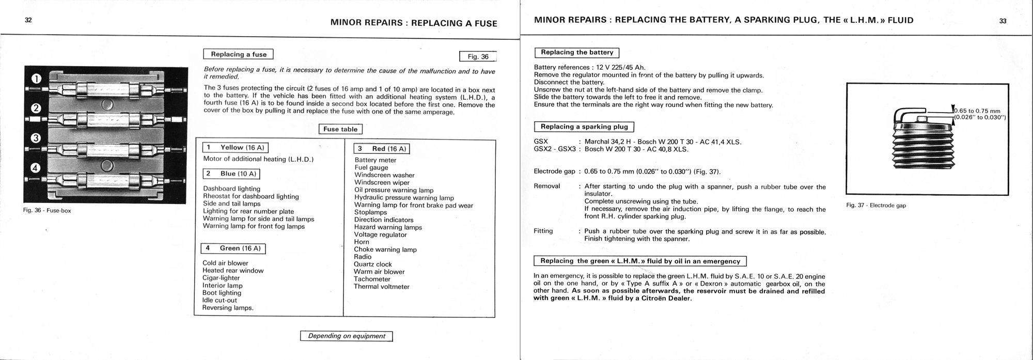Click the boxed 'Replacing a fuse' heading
[239, 54]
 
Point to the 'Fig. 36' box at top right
[478, 57]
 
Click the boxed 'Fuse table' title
[340, 129]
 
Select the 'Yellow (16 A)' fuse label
[235, 148]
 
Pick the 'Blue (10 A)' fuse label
[231, 174]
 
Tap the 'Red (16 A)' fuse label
[382, 149]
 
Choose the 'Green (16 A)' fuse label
[233, 248]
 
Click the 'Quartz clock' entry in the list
[373, 264]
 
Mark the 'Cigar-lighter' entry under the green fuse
[221, 278]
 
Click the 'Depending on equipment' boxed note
[347, 336]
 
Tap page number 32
[28, 21]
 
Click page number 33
[1003, 21]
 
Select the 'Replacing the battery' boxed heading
[577, 53]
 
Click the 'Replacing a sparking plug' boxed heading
[584, 127]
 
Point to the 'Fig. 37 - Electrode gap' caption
[876, 206]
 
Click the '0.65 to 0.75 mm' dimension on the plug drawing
[978, 111]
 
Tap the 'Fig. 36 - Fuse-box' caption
[47, 211]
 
